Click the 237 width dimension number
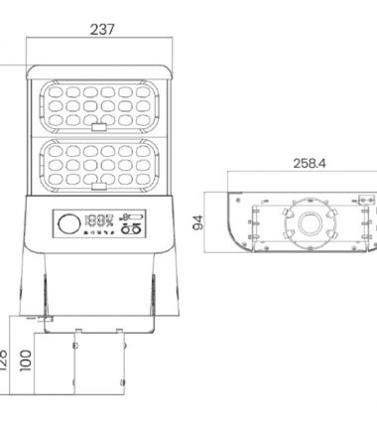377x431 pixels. [x=101, y=30]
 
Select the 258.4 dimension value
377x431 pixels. [x=310, y=163]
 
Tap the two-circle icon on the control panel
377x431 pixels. [x=130, y=231]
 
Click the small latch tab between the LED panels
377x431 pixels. [x=101, y=127]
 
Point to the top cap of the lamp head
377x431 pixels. [x=101, y=71]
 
